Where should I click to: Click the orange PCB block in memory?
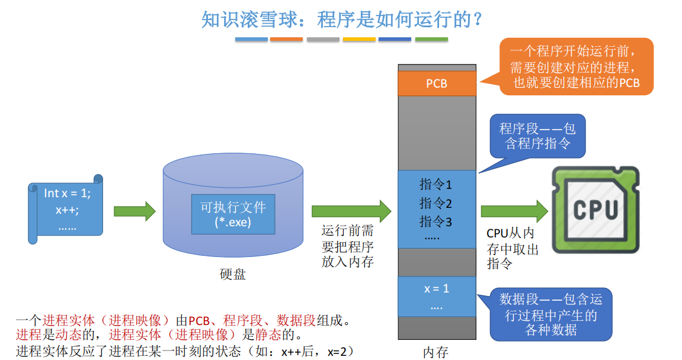437,83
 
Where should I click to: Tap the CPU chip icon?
595,210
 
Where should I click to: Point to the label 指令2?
436,203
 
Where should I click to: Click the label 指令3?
436,222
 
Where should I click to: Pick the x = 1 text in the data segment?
437,289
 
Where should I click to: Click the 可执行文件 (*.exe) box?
233,214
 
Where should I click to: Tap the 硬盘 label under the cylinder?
232,274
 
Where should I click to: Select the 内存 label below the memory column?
436,352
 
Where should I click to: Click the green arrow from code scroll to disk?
134,211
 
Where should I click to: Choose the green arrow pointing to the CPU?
514,211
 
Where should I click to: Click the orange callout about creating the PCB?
576,66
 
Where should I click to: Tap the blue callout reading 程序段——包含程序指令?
537,136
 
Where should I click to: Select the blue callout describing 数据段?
550,314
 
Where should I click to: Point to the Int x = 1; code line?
67,193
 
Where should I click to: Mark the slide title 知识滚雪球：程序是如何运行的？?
341,20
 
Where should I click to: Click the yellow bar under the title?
359,40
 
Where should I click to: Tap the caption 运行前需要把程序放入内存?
347,246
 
